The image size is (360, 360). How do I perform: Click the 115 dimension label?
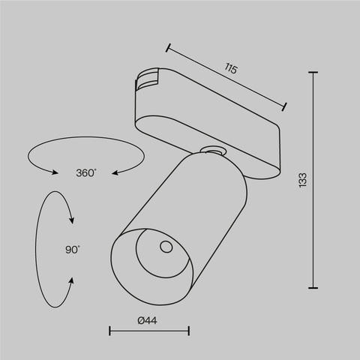click(x=231, y=69)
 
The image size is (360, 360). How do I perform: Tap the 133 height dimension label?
click(x=302, y=179)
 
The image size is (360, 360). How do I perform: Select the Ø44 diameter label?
click(x=148, y=322)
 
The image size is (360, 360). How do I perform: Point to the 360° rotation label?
click(x=86, y=173)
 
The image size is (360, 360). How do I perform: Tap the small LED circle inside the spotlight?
click(x=166, y=247)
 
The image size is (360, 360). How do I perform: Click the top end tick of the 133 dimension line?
click(x=313, y=73)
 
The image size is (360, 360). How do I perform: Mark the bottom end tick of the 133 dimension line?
click(x=313, y=286)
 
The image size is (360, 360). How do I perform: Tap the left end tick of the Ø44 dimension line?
click(x=110, y=331)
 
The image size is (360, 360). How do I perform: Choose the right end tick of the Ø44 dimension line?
click(x=189, y=331)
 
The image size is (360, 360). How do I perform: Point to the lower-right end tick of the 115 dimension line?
click(x=284, y=106)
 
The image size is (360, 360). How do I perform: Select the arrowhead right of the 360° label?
click(x=115, y=173)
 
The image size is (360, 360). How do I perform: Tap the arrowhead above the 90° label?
click(x=72, y=220)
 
